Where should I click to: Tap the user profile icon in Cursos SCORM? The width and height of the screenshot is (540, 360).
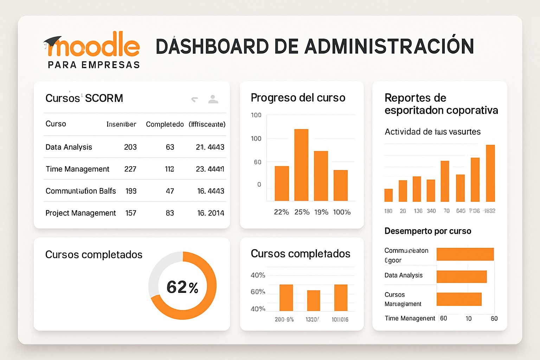[213, 99]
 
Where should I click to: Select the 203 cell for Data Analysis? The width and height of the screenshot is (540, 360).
[130, 147]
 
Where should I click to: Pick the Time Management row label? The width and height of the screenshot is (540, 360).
[77, 169]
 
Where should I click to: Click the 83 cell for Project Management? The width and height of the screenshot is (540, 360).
[170, 213]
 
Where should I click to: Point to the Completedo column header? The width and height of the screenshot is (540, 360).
[165, 124]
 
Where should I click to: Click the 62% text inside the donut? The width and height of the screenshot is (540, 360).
[182, 287]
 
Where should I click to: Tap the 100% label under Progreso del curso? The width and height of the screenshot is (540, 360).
[342, 212]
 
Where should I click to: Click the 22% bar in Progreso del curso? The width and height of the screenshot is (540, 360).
[282, 183]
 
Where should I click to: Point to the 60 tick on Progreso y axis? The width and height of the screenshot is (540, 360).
[258, 162]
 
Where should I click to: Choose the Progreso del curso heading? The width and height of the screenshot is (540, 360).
[298, 98]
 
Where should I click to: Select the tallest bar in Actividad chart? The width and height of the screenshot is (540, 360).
[490, 173]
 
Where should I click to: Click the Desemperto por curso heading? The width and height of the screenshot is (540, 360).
[427, 231]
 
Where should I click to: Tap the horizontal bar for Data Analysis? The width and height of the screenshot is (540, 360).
[461, 277]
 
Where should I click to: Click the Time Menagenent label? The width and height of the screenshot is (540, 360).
[410, 318]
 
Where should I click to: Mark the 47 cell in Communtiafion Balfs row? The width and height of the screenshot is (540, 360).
[170, 191]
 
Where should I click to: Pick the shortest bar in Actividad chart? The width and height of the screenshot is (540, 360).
[388, 195]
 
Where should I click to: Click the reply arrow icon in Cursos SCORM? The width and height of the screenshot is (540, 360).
[194, 99]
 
